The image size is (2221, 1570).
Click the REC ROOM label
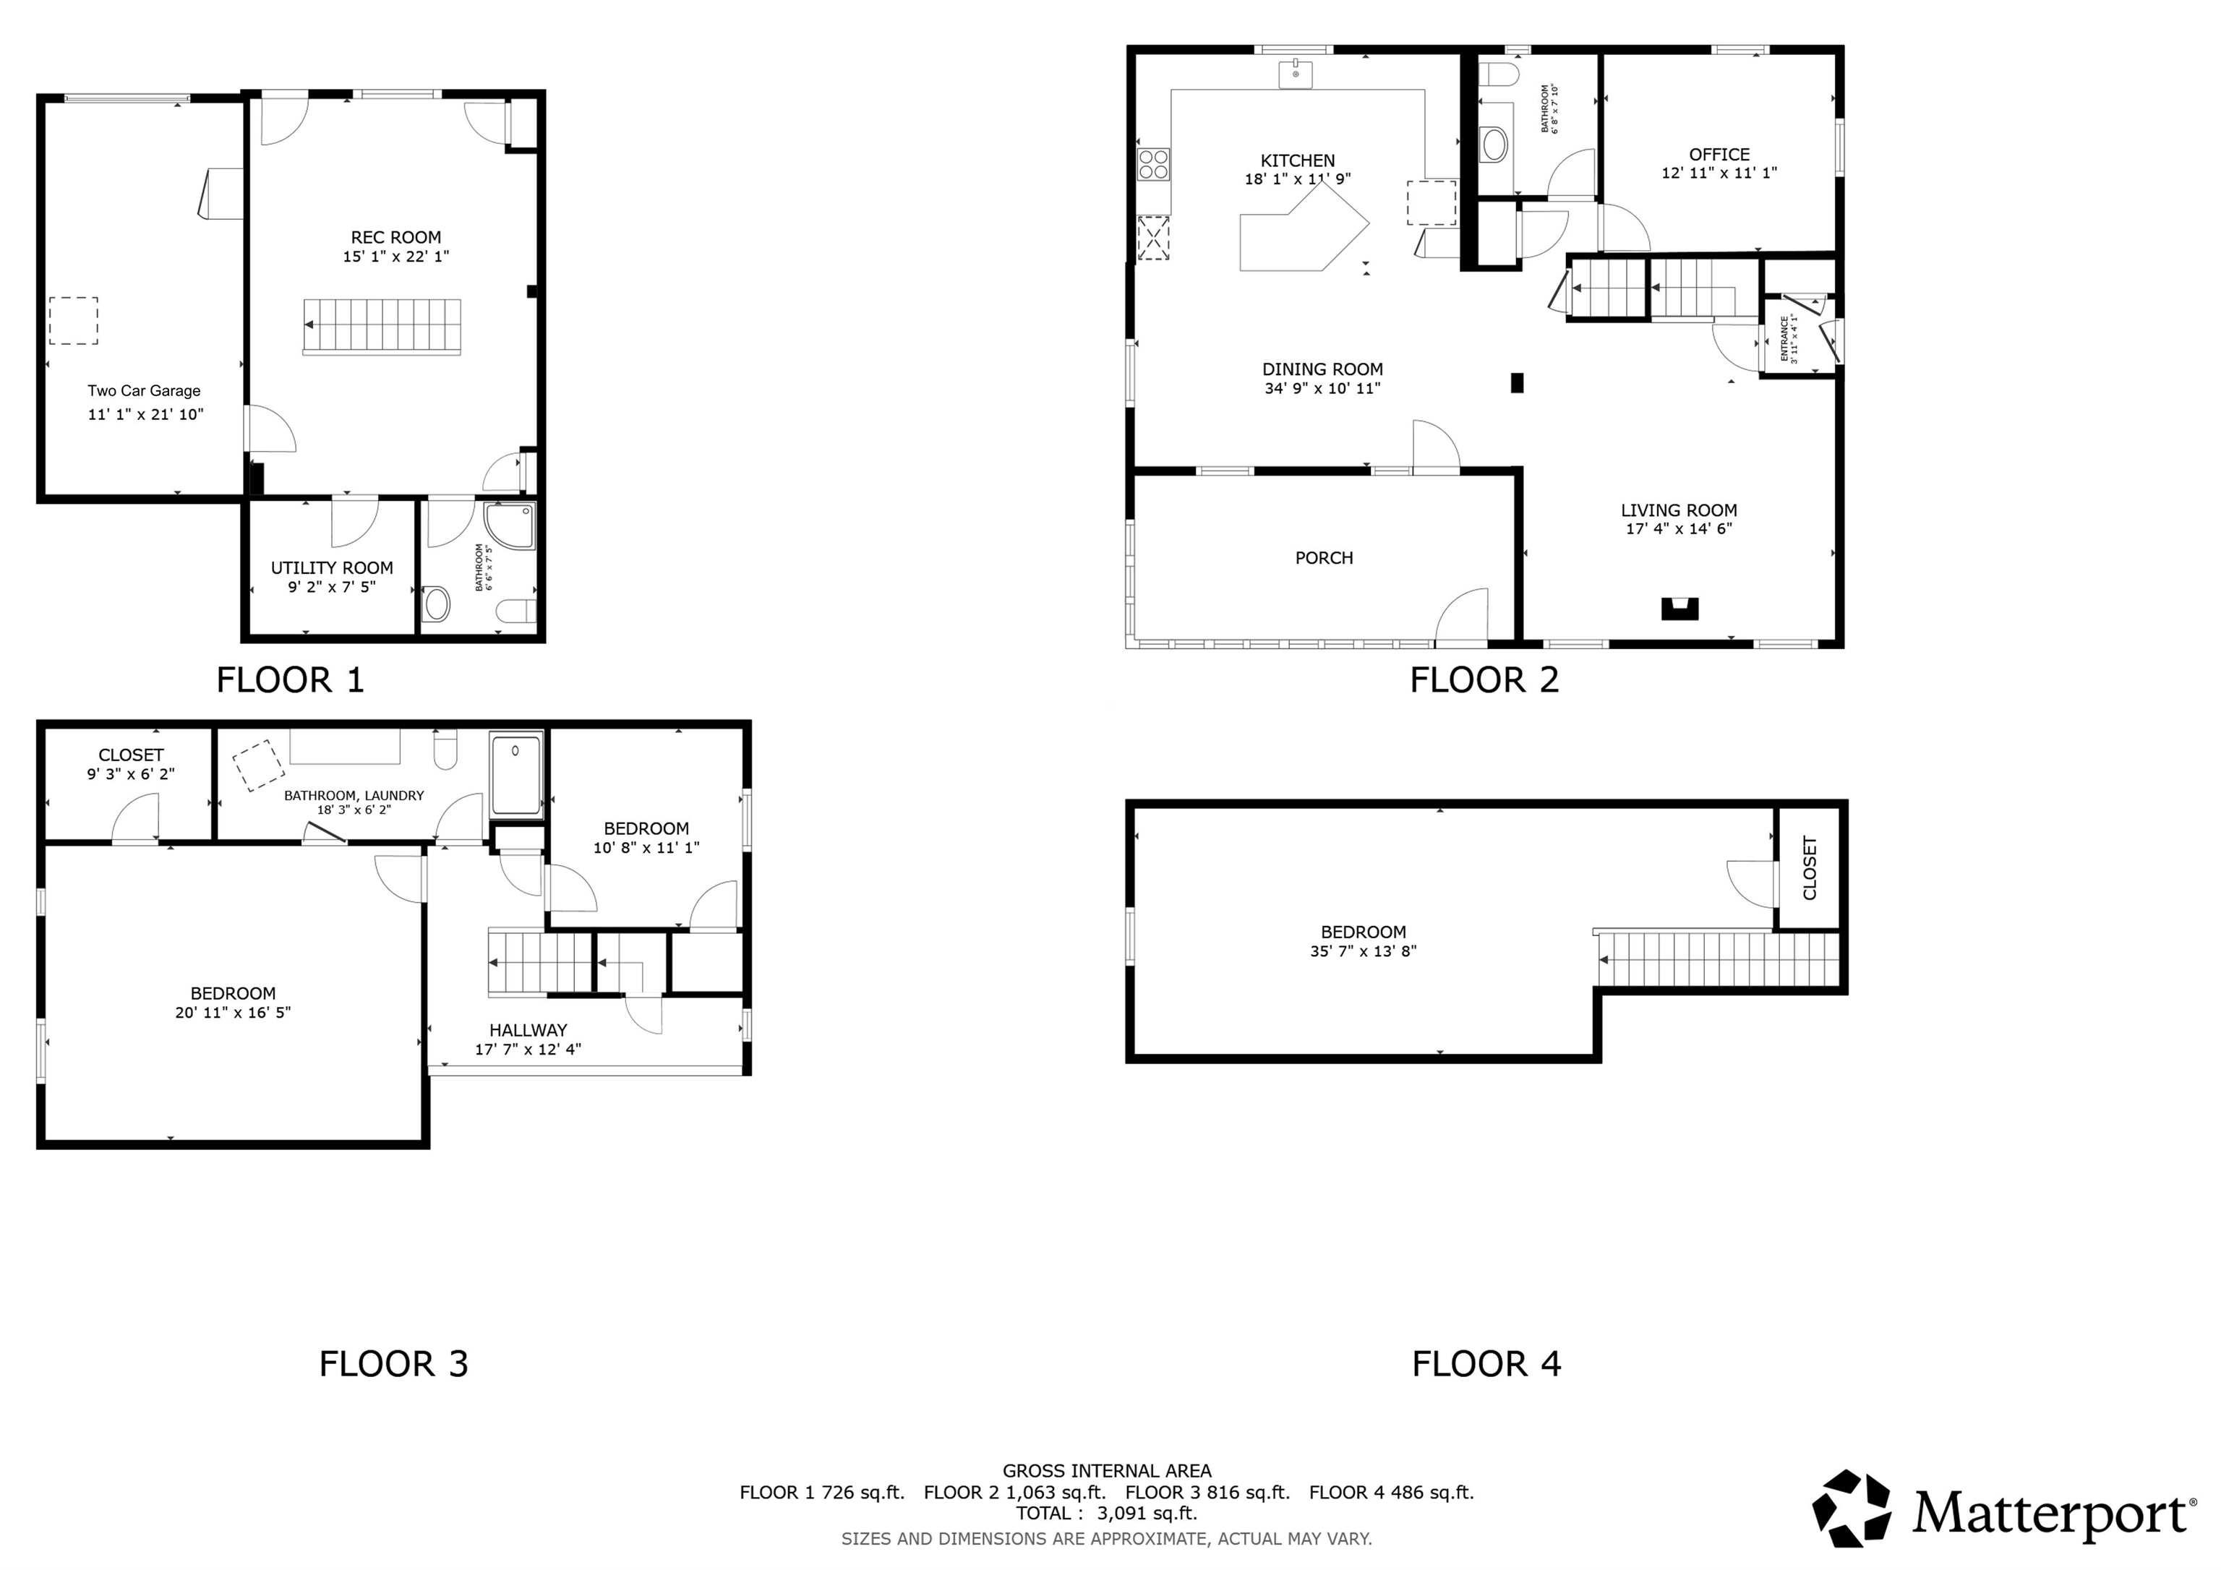click(395, 237)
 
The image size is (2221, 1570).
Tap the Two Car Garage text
click(144, 391)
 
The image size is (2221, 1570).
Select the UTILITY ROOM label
click(332, 568)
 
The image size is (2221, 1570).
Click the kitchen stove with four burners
click(1154, 165)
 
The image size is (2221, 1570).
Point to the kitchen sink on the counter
click(1296, 74)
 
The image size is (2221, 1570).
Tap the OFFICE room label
click(1719, 154)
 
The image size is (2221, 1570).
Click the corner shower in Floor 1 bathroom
click(510, 526)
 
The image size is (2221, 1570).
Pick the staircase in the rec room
click(382, 326)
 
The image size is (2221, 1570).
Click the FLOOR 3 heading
click(394, 1364)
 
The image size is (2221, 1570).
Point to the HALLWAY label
click(528, 1030)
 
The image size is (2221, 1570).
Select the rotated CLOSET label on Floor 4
click(1810, 867)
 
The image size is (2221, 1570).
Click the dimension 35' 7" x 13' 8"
click(1363, 951)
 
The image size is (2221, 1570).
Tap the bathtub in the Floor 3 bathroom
click(516, 774)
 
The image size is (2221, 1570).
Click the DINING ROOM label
click(1322, 369)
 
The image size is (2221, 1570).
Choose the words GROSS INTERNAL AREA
click(1107, 1471)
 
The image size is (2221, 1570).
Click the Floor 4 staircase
click(1716, 960)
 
